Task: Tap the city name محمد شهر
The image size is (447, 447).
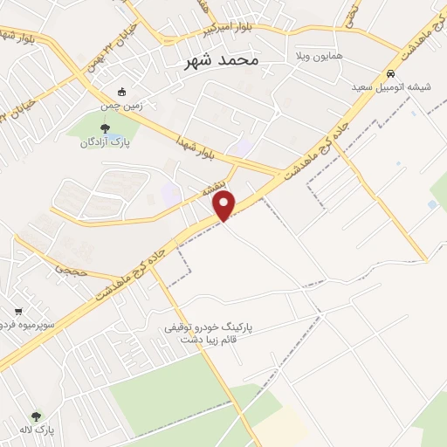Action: [x=223, y=61]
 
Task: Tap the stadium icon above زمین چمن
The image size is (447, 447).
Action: [x=122, y=91]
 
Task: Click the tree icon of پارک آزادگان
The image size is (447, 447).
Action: [x=106, y=128]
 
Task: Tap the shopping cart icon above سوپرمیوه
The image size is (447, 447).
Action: [x=18, y=311]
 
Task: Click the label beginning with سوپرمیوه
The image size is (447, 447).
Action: [x=23, y=324]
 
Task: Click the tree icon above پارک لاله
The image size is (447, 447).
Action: [x=36, y=417]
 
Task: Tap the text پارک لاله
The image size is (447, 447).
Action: [x=34, y=430]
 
